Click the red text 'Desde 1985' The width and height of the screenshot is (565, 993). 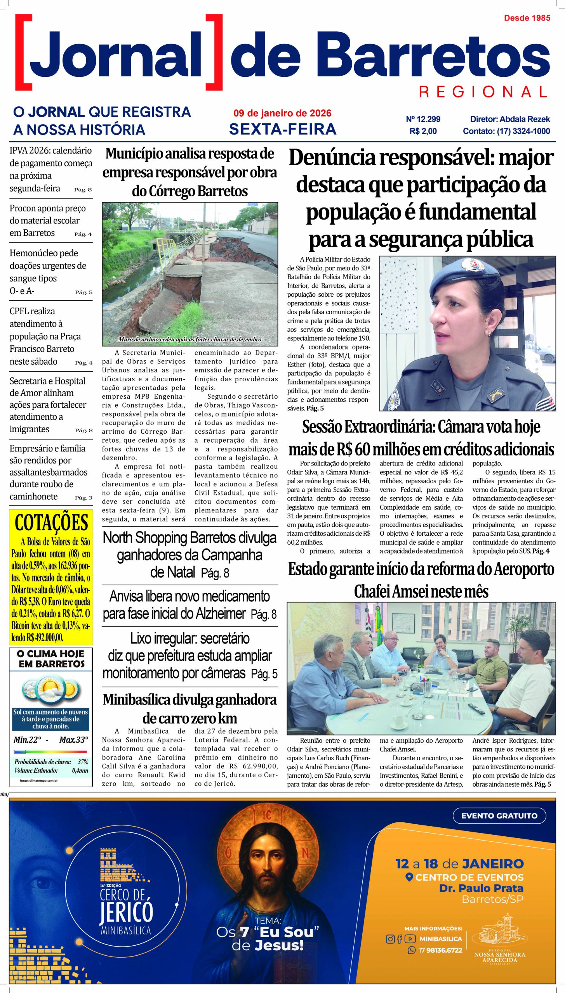pyautogui.click(x=527, y=18)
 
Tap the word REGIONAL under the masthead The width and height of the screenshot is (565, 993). pyautogui.click(x=483, y=92)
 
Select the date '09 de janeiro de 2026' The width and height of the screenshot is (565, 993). pyautogui.click(x=282, y=113)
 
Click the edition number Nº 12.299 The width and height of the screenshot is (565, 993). pyautogui.click(x=423, y=119)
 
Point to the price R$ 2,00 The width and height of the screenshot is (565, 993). pyautogui.click(x=423, y=131)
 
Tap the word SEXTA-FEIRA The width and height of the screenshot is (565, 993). pyautogui.click(x=282, y=129)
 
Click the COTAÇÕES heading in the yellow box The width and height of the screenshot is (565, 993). pyautogui.click(x=51, y=522)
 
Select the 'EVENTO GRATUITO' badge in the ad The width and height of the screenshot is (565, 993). pyautogui.click(x=499, y=816)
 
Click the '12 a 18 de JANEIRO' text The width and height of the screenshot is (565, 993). pyautogui.click(x=459, y=864)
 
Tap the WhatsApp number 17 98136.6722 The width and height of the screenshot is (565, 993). pyautogui.click(x=440, y=950)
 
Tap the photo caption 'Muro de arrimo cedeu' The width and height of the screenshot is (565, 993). pyautogui.click(x=189, y=339)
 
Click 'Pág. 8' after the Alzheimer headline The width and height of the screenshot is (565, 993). pyautogui.click(x=264, y=614)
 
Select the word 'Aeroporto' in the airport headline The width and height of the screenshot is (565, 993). pyautogui.click(x=524, y=569)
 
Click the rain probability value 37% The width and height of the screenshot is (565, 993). pyautogui.click(x=83, y=762)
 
